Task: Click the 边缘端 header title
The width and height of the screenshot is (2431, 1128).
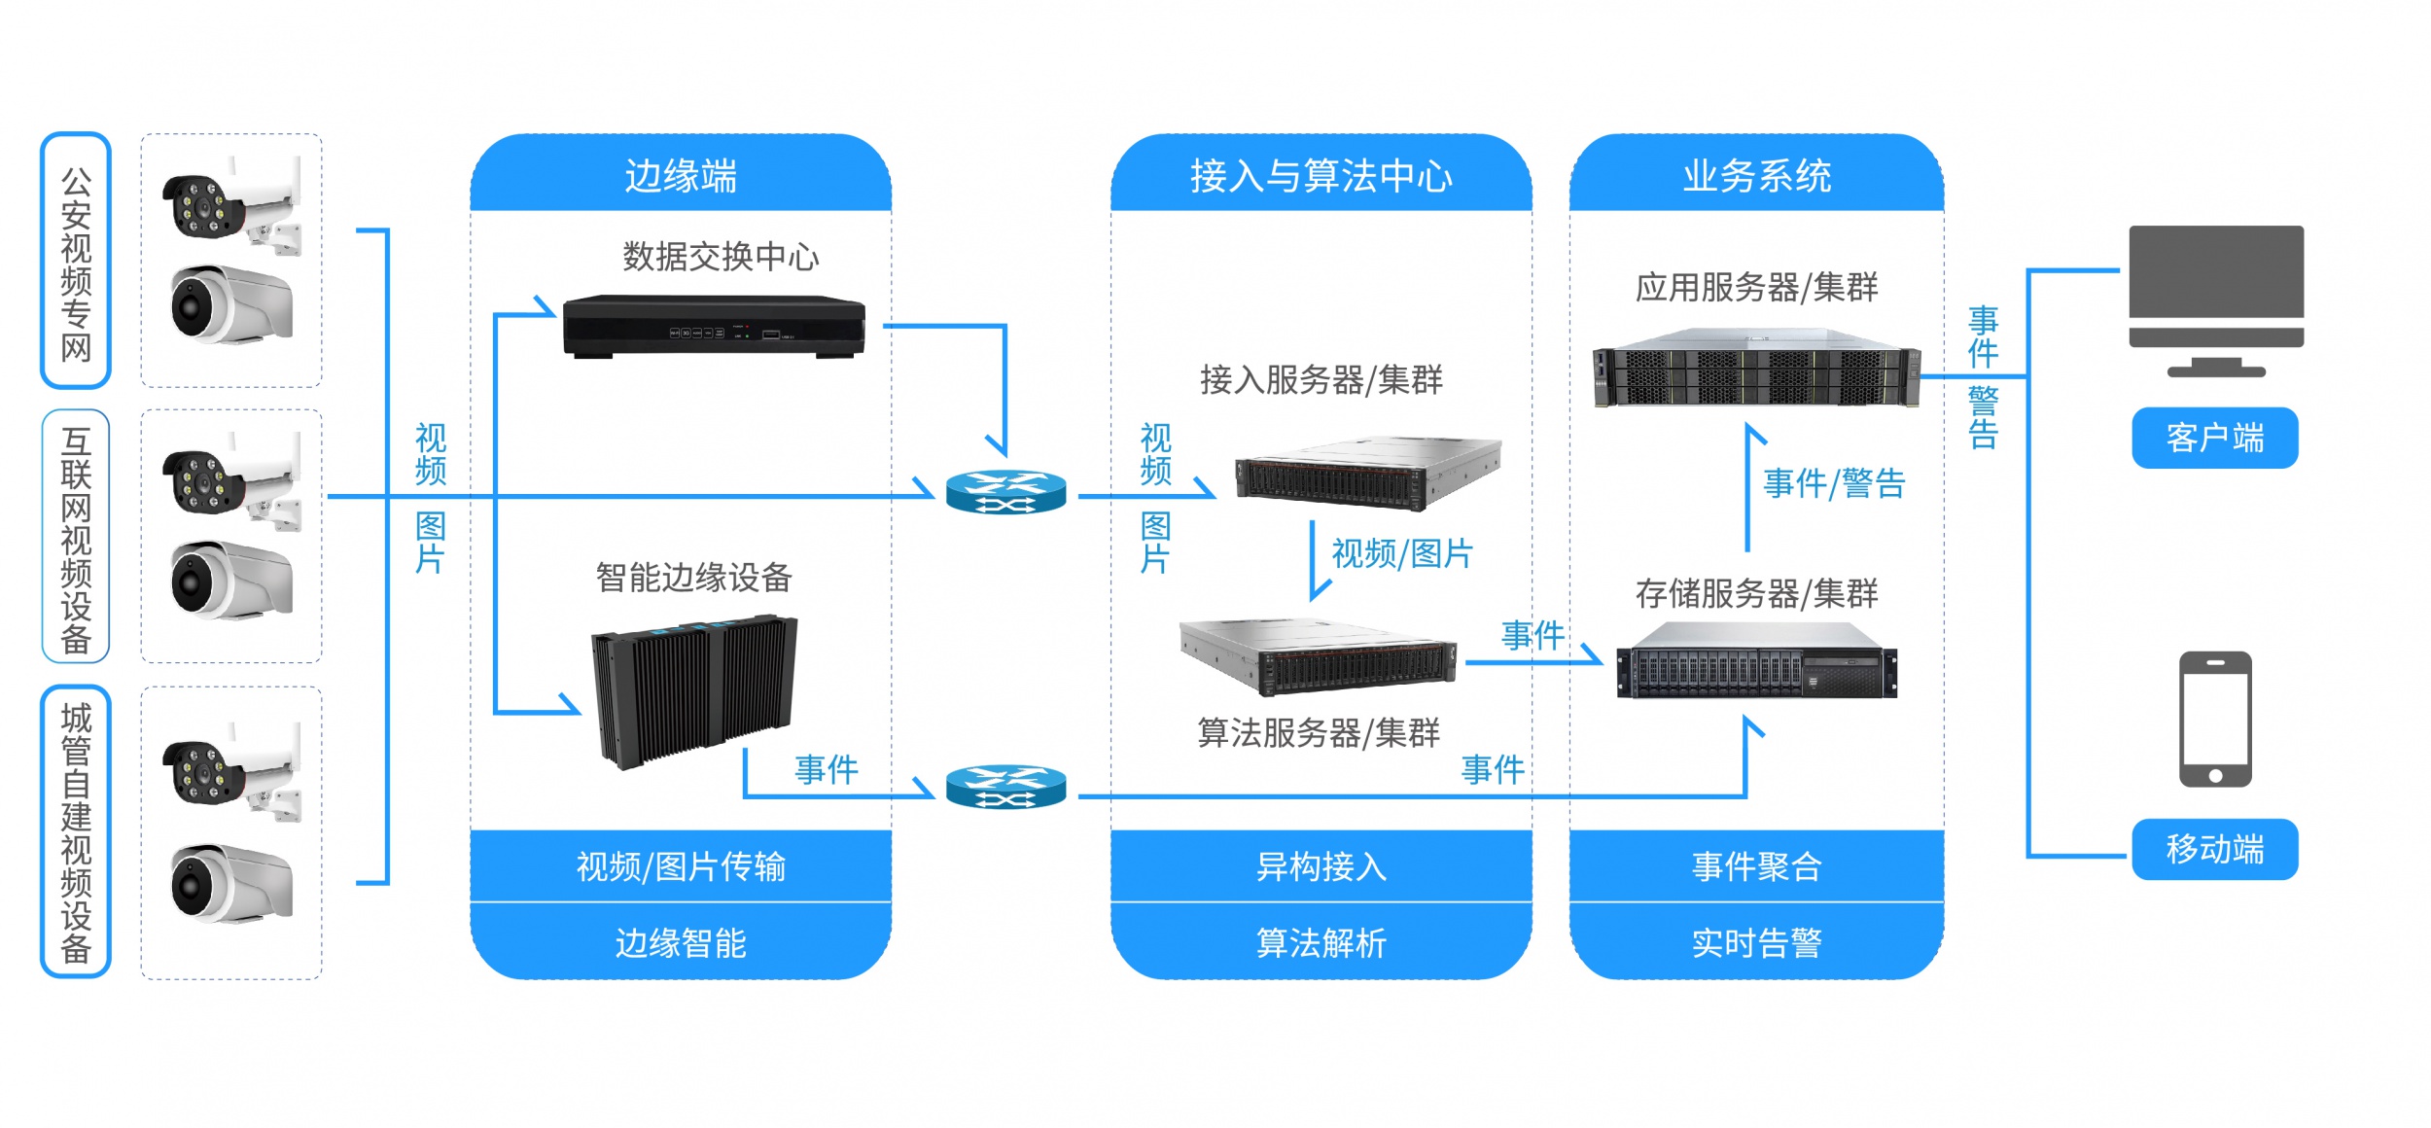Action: pyautogui.click(x=681, y=176)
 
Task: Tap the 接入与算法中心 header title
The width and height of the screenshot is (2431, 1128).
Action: pyautogui.click(x=1321, y=176)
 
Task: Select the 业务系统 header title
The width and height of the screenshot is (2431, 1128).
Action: pyautogui.click(x=1756, y=176)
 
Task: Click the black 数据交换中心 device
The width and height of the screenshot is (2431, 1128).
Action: pyautogui.click(x=714, y=326)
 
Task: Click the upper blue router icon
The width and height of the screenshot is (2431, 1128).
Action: pyautogui.click(x=1005, y=492)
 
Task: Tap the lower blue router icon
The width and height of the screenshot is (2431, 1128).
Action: pyautogui.click(x=1005, y=786)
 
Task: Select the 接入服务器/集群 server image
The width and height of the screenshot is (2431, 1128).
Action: pyautogui.click(x=1367, y=474)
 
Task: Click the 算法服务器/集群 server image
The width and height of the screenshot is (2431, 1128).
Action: pyautogui.click(x=1318, y=657)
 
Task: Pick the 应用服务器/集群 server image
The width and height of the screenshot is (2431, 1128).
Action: pyautogui.click(x=1756, y=368)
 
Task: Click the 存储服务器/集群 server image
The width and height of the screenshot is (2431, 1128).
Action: pyautogui.click(x=1756, y=661)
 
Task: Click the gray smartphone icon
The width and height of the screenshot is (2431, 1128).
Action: pyautogui.click(x=2215, y=719)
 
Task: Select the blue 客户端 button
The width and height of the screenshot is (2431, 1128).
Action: pyautogui.click(x=2214, y=438)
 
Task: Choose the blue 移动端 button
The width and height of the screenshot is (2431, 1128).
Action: pyautogui.click(x=2214, y=849)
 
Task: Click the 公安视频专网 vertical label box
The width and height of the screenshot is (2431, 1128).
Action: pyautogui.click(x=76, y=261)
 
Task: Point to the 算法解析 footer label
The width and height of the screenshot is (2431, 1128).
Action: pyautogui.click(x=1321, y=942)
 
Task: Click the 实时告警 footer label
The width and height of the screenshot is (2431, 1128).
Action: pyautogui.click(x=1756, y=942)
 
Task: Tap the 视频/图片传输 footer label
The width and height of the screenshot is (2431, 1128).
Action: pyautogui.click(x=681, y=865)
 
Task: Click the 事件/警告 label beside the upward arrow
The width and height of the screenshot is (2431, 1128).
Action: pyautogui.click(x=1834, y=483)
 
